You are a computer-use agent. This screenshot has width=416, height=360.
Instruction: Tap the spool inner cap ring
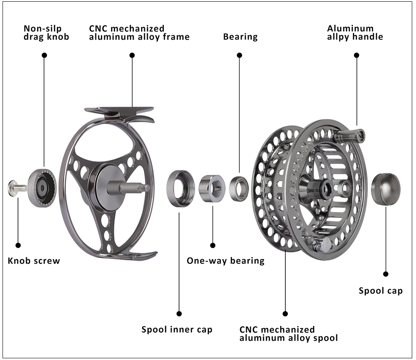[181, 188]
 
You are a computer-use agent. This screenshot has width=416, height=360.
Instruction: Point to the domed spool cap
[385, 189]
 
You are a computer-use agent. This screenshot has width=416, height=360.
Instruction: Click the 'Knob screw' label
[34, 261]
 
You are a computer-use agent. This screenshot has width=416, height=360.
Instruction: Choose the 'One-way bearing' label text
[226, 261]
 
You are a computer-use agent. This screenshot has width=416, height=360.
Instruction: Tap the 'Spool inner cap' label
[177, 329]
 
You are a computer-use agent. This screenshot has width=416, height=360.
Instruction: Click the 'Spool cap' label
[381, 291]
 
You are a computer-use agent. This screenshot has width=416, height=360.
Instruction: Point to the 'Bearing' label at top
[240, 37]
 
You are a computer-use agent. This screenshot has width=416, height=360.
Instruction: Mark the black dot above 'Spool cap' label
[386, 274]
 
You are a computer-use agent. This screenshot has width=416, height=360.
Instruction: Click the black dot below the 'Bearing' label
[240, 55]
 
